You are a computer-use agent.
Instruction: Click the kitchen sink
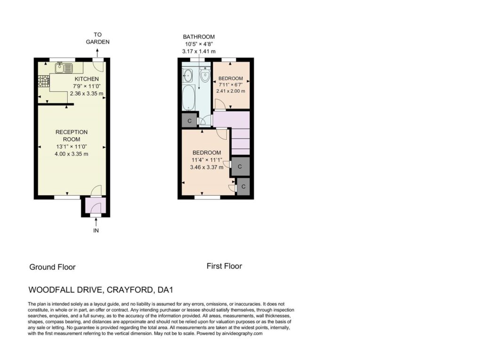click(64, 68)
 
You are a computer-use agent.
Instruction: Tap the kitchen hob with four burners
click(43, 81)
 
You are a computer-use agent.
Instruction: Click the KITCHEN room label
click(87, 79)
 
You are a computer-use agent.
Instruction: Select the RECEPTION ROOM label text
click(72, 136)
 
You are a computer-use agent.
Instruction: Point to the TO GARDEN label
click(97, 38)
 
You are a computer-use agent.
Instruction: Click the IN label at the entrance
click(96, 230)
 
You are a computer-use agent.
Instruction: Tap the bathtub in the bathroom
click(188, 97)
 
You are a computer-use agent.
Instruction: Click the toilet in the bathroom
click(205, 74)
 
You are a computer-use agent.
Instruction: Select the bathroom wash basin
click(187, 75)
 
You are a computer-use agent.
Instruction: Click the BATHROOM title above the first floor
click(199, 37)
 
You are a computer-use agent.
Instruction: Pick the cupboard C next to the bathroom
click(189, 120)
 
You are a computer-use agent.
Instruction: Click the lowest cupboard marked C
click(243, 186)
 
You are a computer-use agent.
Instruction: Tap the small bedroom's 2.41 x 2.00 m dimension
click(231, 91)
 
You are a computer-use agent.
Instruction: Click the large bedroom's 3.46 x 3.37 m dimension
click(207, 167)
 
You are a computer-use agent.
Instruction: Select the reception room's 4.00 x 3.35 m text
click(72, 154)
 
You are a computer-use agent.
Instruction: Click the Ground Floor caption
click(52, 267)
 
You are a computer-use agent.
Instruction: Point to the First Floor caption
click(224, 266)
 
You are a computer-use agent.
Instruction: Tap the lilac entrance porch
click(95, 205)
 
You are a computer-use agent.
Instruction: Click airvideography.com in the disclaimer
click(242, 333)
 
